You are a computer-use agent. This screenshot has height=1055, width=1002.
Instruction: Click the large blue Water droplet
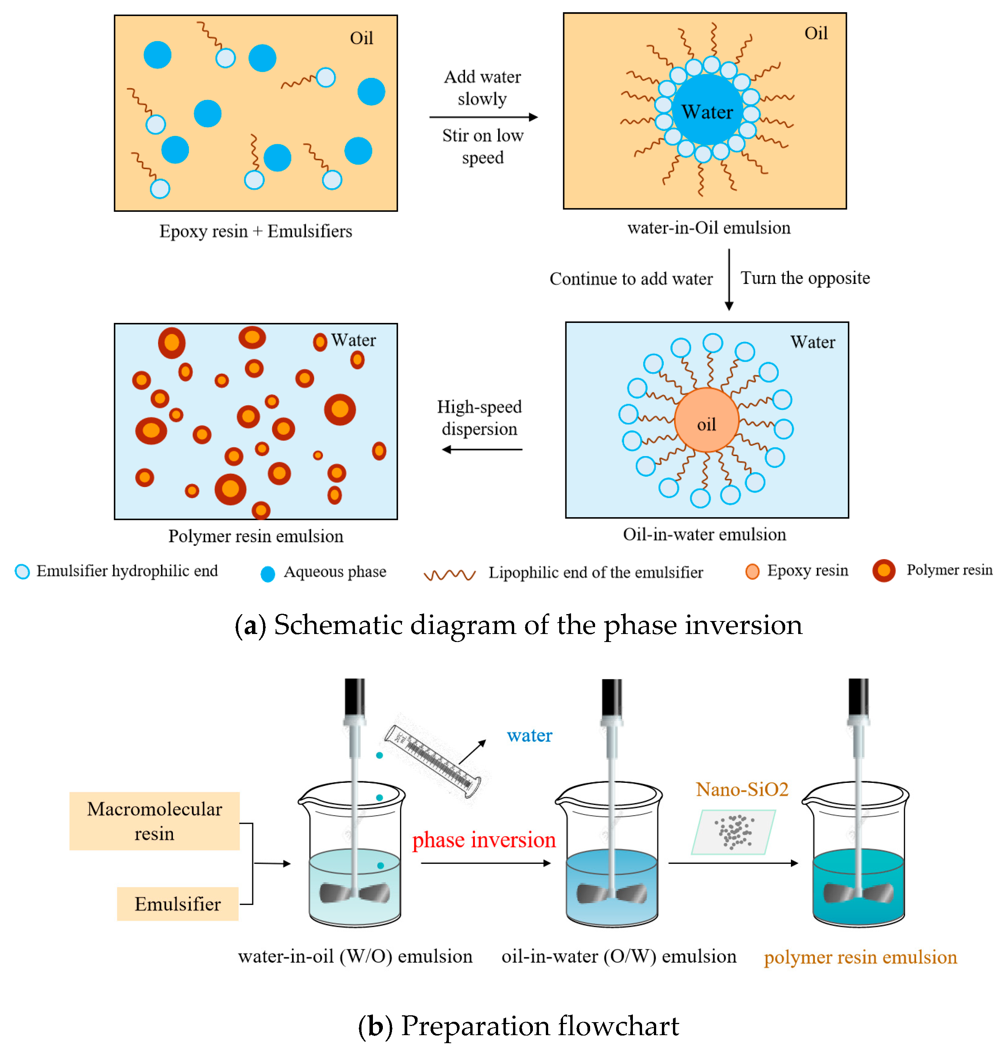pos(707,110)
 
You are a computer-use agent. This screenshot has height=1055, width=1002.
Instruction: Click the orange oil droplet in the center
pos(706,420)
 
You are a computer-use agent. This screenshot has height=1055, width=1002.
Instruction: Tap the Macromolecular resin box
pos(154,821)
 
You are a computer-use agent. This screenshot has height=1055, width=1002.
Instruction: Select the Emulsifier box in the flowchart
pos(177,903)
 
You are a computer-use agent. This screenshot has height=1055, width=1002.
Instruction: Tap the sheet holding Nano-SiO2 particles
pos(733,832)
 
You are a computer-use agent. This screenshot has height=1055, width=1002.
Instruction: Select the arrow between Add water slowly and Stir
pos(483,117)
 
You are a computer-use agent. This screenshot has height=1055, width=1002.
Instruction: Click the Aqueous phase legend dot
pos(268,574)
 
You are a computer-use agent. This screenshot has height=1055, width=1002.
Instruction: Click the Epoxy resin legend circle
pos(752,571)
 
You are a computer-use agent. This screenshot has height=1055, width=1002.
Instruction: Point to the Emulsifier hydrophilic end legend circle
pos(23,571)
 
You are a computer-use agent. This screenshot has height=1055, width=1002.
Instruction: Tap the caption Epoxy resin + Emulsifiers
pos(255,231)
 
